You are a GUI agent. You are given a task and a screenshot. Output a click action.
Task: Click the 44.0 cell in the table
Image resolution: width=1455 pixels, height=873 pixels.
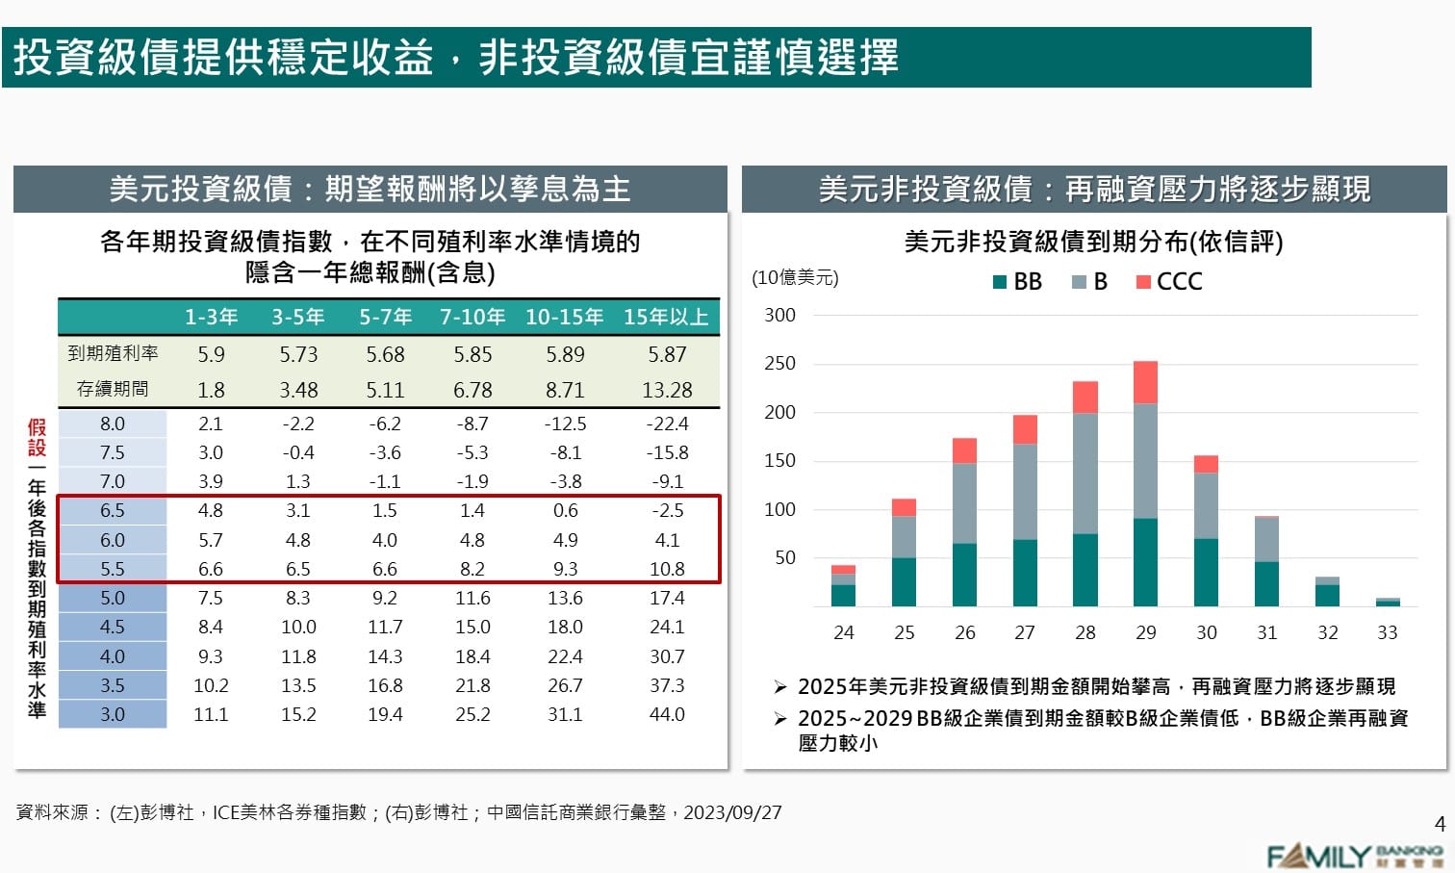[x=666, y=714]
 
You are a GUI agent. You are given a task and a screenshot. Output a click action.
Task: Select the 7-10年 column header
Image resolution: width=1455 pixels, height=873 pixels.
[x=472, y=317]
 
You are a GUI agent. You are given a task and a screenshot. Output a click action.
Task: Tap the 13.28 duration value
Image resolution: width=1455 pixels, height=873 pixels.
[x=667, y=390]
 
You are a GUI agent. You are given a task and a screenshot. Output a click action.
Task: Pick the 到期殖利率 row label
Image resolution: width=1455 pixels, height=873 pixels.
[x=113, y=353]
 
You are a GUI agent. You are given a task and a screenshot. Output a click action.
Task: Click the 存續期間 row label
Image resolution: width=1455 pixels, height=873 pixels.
[x=113, y=389]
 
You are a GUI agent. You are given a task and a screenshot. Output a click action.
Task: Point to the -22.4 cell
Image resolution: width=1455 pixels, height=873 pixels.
[x=667, y=424]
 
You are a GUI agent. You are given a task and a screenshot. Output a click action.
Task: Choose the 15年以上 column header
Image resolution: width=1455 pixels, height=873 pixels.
[x=666, y=317]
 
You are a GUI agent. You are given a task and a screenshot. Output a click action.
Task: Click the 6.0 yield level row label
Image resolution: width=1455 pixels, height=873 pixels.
[x=113, y=540]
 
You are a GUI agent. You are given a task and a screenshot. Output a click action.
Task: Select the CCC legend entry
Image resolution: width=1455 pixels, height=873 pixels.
[x=1169, y=281]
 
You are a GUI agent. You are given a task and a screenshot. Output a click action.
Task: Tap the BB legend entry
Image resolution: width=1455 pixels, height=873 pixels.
[x=1017, y=281]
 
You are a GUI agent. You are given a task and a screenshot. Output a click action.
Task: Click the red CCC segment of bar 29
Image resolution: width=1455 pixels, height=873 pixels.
[x=1145, y=382]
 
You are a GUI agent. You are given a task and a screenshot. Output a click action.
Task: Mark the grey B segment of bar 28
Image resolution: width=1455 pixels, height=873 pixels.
[x=1085, y=473]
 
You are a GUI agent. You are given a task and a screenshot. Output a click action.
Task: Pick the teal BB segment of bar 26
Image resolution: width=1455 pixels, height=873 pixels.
[x=964, y=575]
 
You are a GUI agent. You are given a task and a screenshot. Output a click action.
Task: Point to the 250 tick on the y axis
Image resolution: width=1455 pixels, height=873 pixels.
[x=779, y=363]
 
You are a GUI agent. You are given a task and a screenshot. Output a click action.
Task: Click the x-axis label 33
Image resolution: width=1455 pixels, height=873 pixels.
[x=1387, y=632]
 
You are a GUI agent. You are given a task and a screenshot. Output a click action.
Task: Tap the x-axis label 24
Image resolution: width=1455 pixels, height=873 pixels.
[x=843, y=632]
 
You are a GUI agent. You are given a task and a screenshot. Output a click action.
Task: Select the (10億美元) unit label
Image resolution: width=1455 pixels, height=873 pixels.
[x=795, y=277]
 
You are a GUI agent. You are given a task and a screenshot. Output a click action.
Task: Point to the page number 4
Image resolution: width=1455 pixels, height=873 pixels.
[x=1440, y=824]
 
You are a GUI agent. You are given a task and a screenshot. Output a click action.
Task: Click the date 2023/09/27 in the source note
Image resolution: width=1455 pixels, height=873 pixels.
[x=732, y=812]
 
